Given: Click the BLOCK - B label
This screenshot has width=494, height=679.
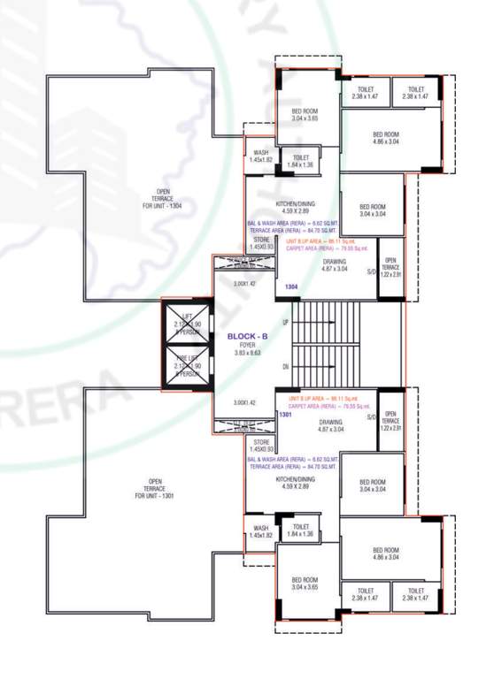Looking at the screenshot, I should (x=242, y=336).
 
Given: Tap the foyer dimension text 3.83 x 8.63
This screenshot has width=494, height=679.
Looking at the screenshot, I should (x=242, y=353).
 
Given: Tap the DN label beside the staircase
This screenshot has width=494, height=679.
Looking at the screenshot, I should (x=284, y=366).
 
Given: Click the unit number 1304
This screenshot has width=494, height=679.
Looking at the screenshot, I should (x=290, y=287).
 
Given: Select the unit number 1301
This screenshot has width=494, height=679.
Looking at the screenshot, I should (x=285, y=414).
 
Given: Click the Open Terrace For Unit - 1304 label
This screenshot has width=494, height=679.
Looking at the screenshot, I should (x=163, y=199).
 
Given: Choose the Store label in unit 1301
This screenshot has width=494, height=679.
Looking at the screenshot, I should (x=260, y=446).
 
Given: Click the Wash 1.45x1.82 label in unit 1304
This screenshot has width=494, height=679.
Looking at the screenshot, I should (x=260, y=156).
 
